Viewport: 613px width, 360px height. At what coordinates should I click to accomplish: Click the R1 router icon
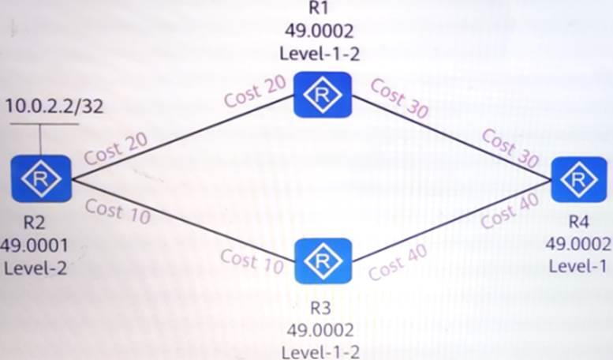point(323,95)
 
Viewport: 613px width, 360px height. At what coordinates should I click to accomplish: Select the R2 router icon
point(41,179)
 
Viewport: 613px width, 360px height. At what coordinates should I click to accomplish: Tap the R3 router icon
point(323,261)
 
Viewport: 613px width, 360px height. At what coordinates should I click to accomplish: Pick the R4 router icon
point(578,180)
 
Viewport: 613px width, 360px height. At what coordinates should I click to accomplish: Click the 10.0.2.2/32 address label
point(54,106)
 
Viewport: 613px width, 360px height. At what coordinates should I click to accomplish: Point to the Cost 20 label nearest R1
point(256,92)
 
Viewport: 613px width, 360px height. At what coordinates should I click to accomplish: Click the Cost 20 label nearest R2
point(116,149)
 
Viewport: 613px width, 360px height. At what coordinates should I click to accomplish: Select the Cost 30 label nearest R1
point(399,98)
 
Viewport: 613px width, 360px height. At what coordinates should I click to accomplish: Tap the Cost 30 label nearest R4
point(510,148)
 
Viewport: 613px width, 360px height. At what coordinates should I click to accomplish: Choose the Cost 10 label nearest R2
point(118,212)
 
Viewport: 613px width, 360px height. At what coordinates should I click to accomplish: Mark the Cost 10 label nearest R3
point(252,261)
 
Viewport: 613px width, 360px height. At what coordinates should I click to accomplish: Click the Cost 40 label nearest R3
point(398,263)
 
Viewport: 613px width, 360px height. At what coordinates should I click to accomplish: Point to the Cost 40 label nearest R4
point(510,212)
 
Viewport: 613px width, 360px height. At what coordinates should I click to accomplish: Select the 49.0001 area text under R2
point(35,246)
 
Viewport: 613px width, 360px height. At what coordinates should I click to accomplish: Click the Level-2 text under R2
point(36,268)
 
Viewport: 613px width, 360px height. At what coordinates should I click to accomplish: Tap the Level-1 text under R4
point(577,266)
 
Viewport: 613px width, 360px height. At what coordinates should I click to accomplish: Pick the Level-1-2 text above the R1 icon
point(320,54)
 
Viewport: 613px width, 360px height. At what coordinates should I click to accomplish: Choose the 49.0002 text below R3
point(320,331)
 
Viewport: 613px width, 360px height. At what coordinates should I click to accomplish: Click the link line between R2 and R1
point(182,137)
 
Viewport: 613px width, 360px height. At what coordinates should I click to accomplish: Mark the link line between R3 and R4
point(451,221)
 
